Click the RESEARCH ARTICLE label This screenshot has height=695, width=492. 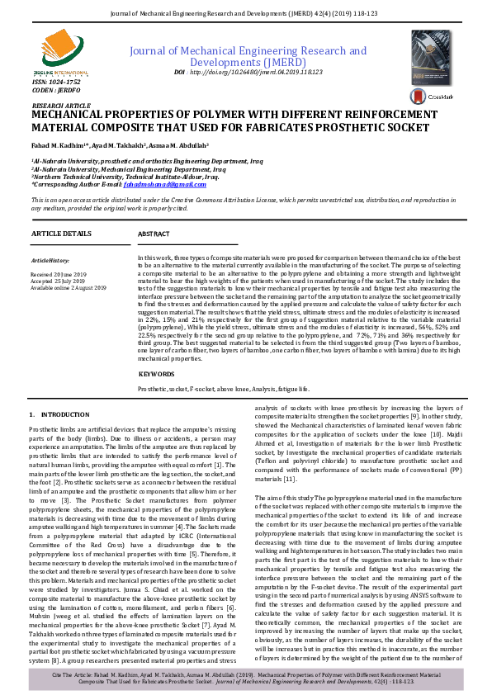(59, 106)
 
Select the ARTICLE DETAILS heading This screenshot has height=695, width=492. (61, 234)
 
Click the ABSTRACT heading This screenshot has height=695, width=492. (154, 234)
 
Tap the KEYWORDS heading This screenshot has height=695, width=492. (157, 374)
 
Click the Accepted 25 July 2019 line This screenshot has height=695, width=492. (57, 279)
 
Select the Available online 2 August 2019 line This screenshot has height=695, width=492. (69, 286)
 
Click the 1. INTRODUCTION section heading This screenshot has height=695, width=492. (54, 414)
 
